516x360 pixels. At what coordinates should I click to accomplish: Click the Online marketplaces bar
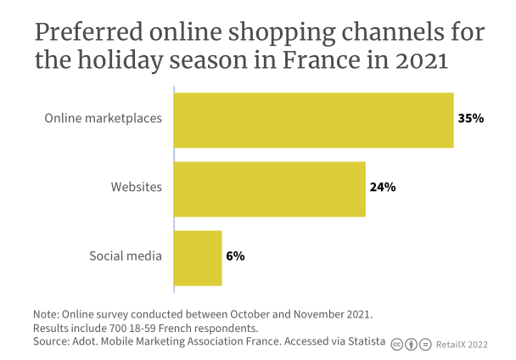[x=313, y=119]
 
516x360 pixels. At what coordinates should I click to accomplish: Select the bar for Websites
[x=269, y=188]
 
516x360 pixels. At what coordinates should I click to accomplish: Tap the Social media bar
[x=198, y=256]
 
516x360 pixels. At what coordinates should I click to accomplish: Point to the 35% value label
[x=470, y=119]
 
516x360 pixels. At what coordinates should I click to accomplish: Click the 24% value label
[x=383, y=188]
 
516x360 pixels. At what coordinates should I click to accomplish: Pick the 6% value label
[x=235, y=256]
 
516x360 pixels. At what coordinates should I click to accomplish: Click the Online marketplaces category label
[x=103, y=119]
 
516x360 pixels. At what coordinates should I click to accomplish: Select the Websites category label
[x=136, y=188]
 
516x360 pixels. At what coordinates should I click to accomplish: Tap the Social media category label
[x=126, y=256]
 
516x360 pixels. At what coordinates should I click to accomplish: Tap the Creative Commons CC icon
[x=396, y=344]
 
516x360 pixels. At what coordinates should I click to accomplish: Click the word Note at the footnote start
[x=47, y=313]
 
